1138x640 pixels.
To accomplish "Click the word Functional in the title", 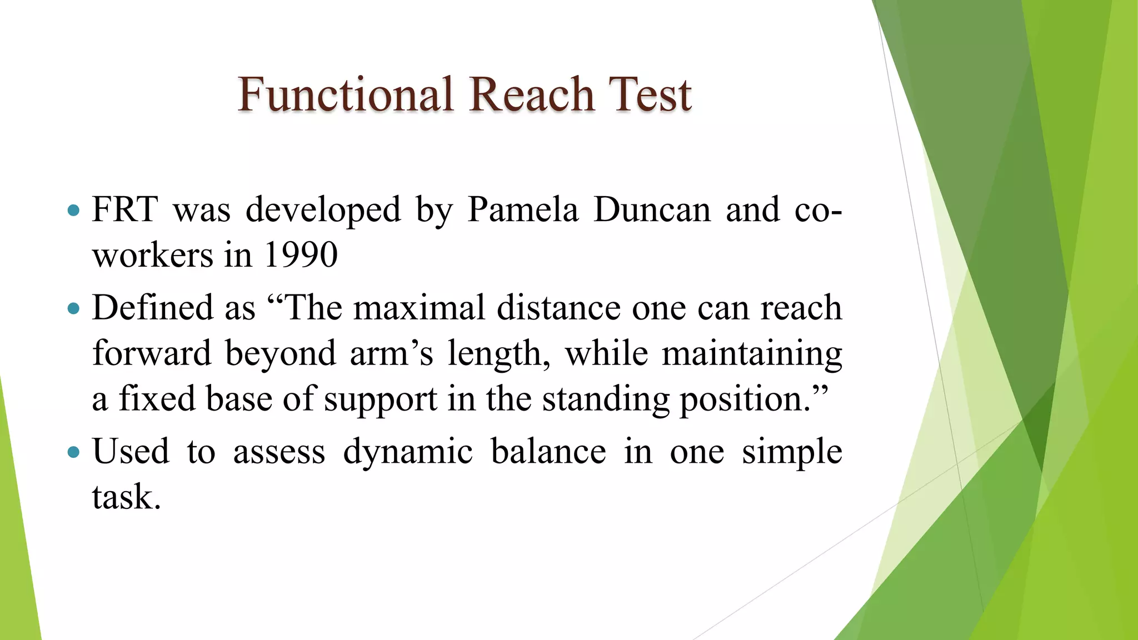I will click(345, 94).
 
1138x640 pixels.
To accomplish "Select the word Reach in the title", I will click(532, 94).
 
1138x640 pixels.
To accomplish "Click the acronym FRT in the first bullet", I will click(124, 210).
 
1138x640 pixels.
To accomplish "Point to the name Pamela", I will click(522, 210).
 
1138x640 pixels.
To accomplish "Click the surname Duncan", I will click(652, 210).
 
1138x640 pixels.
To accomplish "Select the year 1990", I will click(300, 256).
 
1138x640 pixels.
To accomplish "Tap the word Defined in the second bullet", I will click(152, 308).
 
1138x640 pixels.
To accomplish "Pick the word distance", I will click(558, 308).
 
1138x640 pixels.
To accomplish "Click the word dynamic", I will click(408, 451).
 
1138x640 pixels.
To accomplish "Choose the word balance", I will click(548, 451).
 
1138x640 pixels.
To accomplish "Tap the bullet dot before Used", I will click(73, 452).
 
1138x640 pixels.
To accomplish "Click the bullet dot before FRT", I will click(73, 211).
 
